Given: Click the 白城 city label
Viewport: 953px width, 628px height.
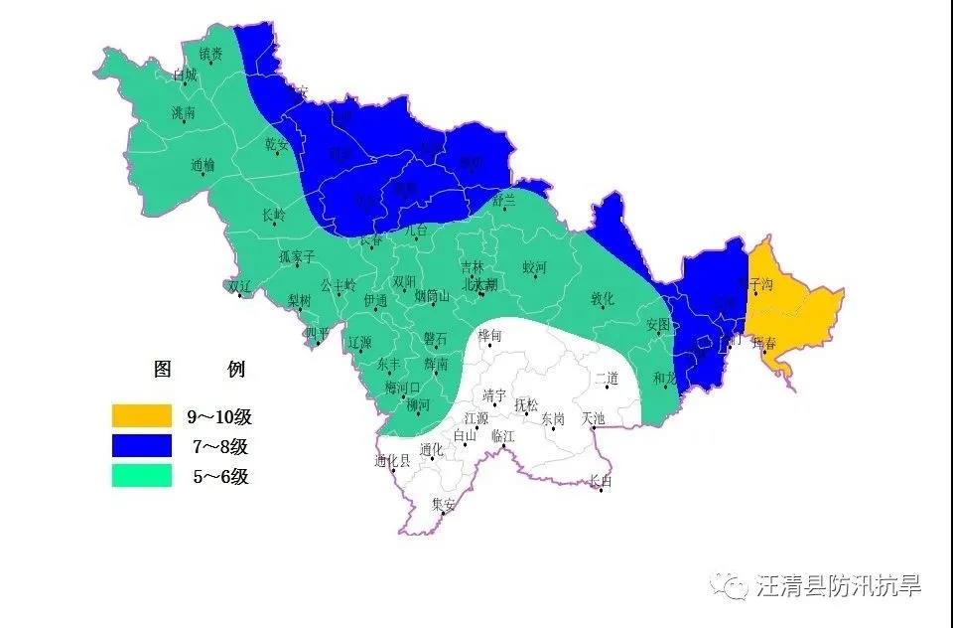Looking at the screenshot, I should coord(185,75).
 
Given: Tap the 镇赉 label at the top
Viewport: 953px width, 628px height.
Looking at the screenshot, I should coord(210,54).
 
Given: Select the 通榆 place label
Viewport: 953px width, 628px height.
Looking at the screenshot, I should coord(202,165).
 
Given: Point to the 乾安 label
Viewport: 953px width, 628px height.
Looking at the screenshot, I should coord(276,143).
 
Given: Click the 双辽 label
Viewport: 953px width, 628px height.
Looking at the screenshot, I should coord(239,285).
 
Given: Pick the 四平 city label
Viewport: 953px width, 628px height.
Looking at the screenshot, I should coord(316,333).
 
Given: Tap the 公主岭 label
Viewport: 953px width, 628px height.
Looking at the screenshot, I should coord(338,284).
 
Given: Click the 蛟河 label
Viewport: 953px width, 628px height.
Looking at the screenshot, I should coord(535,267).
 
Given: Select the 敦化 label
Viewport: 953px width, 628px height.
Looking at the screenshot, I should coord(603,298).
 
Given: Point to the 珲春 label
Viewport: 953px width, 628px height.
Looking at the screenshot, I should coord(764,343).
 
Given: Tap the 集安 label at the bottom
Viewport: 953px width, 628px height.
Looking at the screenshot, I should coord(443,504).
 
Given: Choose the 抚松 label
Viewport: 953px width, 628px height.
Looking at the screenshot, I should coord(526,404).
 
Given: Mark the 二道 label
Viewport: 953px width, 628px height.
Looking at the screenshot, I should coord(607,378).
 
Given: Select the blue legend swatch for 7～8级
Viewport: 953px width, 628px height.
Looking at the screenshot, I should coord(142,446).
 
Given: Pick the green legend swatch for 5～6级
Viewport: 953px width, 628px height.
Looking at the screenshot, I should coord(142,476).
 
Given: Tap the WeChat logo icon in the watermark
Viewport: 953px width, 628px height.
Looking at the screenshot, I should coord(735,586).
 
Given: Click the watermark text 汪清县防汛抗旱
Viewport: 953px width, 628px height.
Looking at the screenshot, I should coord(839,586).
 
